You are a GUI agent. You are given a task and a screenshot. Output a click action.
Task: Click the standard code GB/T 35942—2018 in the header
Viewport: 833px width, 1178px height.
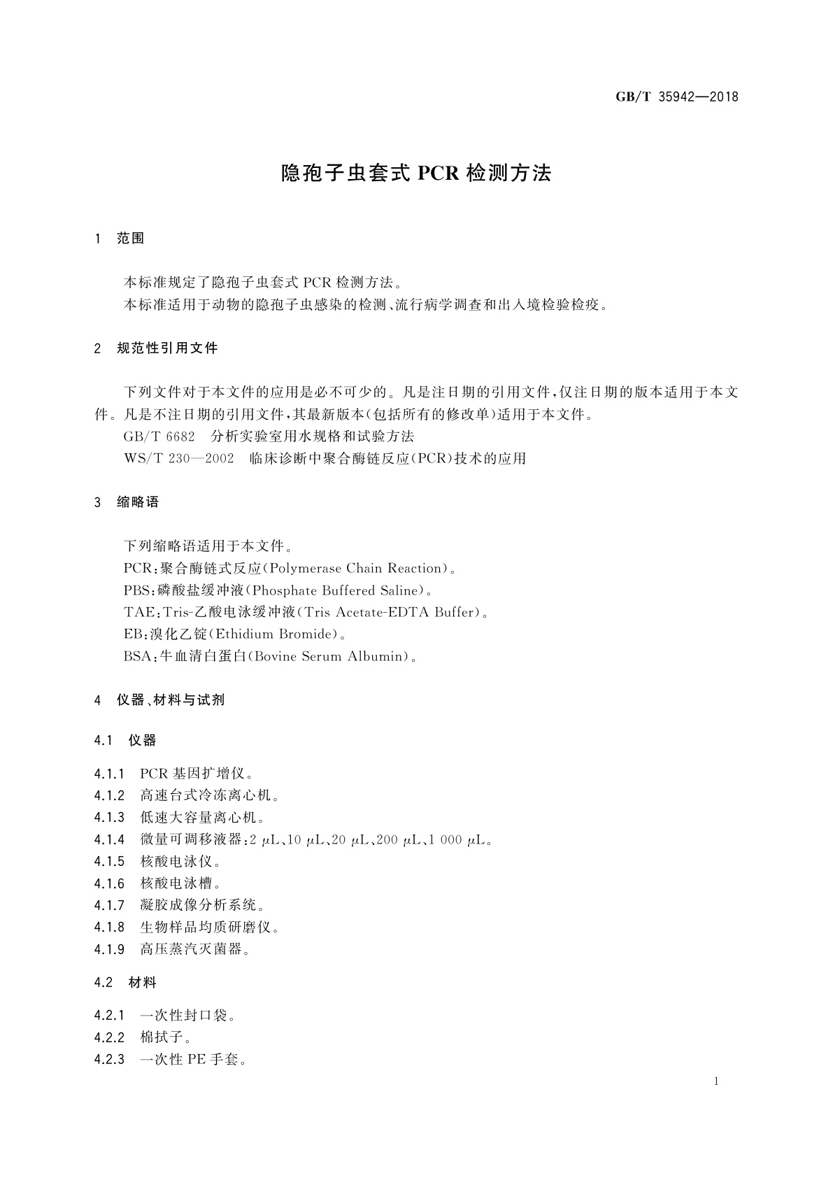coord(676,97)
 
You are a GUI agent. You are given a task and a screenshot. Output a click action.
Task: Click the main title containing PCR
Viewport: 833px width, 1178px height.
coord(416,173)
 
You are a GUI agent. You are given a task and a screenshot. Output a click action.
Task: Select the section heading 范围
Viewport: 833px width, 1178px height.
coord(131,239)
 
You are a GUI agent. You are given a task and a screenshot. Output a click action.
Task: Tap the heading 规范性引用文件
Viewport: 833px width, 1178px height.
coord(167,348)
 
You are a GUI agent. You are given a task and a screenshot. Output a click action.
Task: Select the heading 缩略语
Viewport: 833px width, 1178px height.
coord(138,502)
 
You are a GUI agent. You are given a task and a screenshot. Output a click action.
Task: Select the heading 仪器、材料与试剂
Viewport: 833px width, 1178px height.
coord(170,700)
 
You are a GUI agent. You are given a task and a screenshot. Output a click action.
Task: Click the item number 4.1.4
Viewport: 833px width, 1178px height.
coord(109,839)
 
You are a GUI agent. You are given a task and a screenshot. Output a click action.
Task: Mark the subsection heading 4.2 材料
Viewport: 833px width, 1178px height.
coord(125,983)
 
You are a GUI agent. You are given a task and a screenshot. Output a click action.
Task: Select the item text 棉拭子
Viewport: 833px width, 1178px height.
coord(162,1037)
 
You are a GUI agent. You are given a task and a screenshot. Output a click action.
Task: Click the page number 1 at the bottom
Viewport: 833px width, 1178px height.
coord(717,1081)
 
